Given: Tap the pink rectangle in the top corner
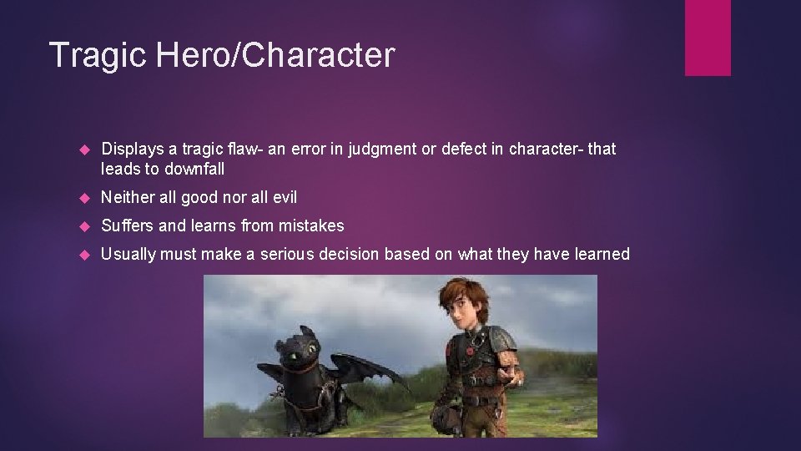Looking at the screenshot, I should (708, 38).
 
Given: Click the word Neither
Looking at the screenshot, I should (127, 198).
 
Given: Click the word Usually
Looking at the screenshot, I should (128, 254).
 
